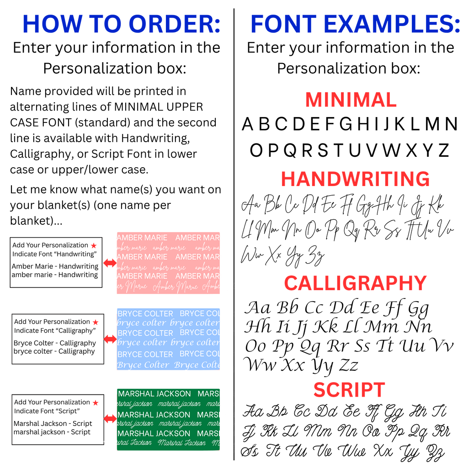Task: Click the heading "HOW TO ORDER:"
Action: [x=122, y=25]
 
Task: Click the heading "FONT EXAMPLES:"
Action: [x=355, y=25]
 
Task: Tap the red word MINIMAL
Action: [x=351, y=100]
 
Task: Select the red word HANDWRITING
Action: [x=355, y=179]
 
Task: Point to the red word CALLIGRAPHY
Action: [x=355, y=283]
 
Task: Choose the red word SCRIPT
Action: [x=349, y=390]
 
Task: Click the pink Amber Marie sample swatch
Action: [x=168, y=263]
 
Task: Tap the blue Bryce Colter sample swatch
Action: [x=168, y=339]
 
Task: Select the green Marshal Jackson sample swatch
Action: [x=168, y=419]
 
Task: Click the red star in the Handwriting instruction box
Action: [x=94, y=246]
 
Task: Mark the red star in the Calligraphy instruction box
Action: [x=96, y=322]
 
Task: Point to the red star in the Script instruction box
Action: [x=96, y=403]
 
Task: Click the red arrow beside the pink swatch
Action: [x=110, y=263]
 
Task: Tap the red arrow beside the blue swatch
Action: [x=110, y=339]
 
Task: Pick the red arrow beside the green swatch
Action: [x=110, y=419]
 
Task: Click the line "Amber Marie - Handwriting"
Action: [x=55, y=266]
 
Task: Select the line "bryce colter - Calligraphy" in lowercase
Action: [x=54, y=351]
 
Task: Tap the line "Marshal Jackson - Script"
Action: [x=53, y=424]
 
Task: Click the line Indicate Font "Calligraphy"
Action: [x=55, y=330]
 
